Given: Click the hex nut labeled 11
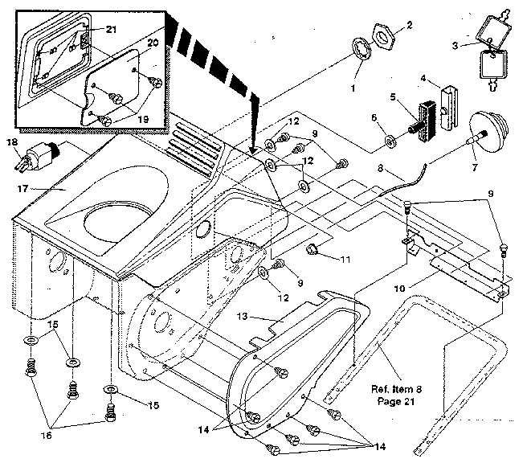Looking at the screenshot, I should click(313, 252).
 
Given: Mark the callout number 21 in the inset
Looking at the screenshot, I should click(111, 31).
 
